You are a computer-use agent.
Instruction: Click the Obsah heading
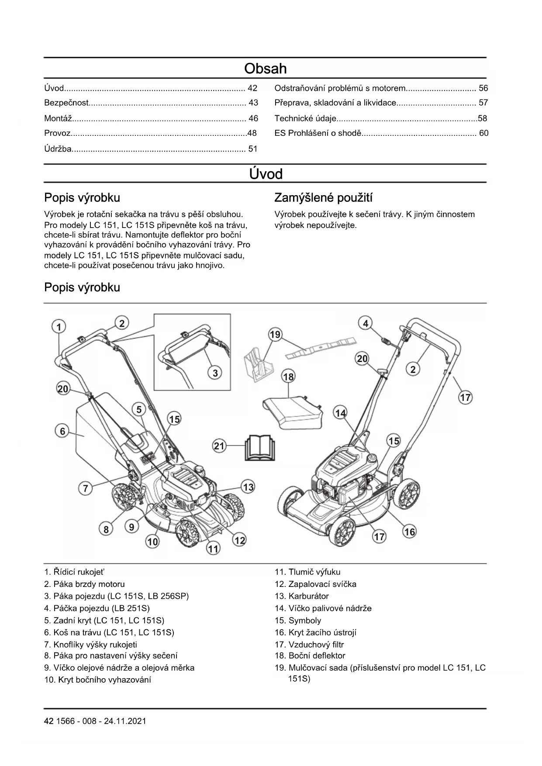point(265,69)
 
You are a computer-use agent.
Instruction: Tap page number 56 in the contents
point(483,88)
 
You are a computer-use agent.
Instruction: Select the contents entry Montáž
point(58,118)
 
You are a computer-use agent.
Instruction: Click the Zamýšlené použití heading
point(323,198)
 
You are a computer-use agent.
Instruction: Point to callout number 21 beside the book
point(219,446)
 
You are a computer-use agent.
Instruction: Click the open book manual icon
point(260,447)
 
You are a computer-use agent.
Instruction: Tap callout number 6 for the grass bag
point(62,431)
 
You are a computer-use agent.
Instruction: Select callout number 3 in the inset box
point(215,373)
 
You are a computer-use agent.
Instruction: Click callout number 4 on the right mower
point(366,323)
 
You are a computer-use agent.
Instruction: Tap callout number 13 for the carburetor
point(248,487)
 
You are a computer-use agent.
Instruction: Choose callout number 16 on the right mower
point(409,531)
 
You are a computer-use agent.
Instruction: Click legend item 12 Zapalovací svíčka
point(315,584)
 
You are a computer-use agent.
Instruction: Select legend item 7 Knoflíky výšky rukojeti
point(90,644)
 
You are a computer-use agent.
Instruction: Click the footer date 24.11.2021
point(125,721)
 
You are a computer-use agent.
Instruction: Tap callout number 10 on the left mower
point(152,542)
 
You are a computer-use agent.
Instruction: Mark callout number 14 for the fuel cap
point(340,413)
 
